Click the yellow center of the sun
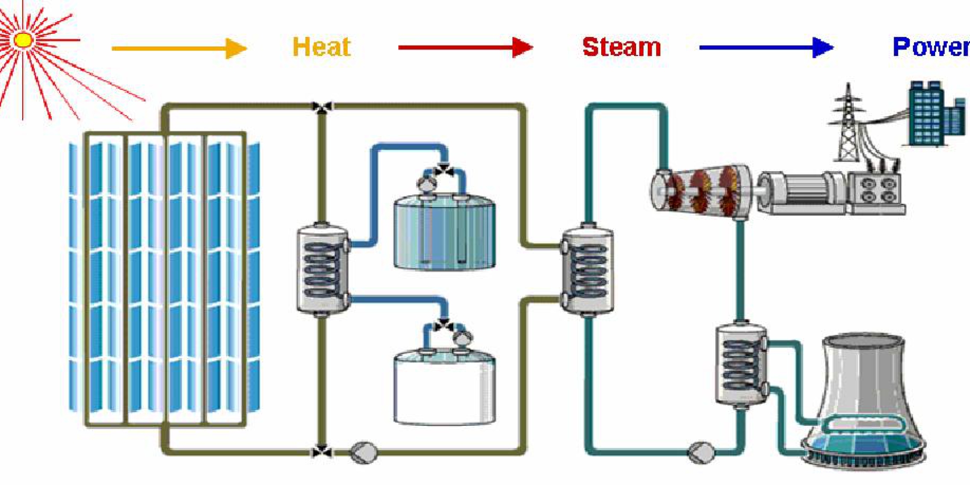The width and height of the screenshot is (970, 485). coord(23,40)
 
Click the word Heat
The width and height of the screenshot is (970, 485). coord(321,47)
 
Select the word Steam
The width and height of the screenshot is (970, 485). coord(621,47)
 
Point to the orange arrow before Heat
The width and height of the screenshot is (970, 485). coord(179,48)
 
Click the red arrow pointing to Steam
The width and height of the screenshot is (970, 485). coord(465,47)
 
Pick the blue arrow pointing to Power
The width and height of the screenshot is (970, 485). coord(766,47)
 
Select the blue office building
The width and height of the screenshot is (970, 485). coord(927,114)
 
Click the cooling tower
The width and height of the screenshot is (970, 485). coord(864,399)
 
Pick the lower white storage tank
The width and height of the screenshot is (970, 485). coord(444,389)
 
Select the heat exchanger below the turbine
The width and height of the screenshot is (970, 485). coord(741,364)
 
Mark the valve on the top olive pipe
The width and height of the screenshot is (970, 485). coord(322,107)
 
